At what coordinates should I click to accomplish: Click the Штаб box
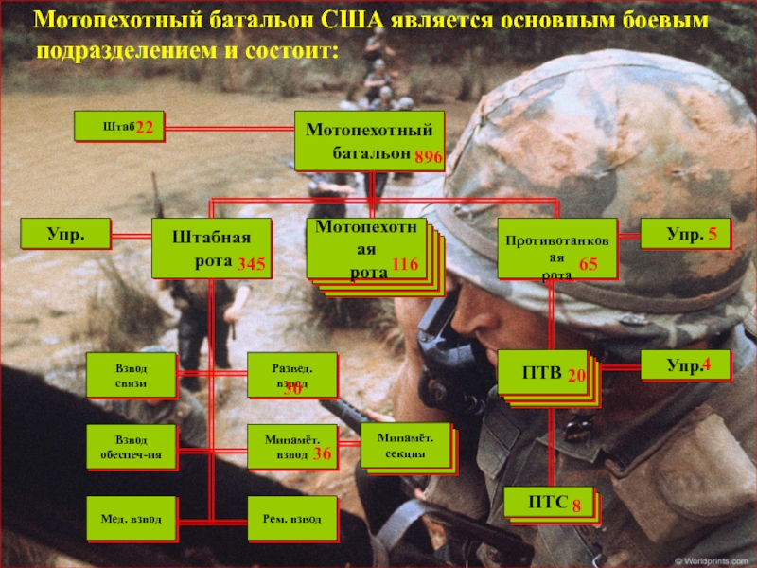(x=120, y=127)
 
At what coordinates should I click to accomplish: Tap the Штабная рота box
(x=212, y=248)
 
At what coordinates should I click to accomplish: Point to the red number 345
(x=253, y=261)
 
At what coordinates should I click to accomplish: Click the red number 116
(x=405, y=267)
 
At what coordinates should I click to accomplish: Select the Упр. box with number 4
(x=686, y=364)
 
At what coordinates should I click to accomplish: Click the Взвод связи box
(x=132, y=374)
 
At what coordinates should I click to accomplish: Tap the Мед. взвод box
(x=132, y=519)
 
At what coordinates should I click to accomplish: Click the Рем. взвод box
(x=292, y=519)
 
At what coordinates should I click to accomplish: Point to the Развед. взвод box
(x=292, y=375)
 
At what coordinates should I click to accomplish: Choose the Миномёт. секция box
(x=405, y=445)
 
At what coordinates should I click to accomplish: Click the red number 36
(x=323, y=454)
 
